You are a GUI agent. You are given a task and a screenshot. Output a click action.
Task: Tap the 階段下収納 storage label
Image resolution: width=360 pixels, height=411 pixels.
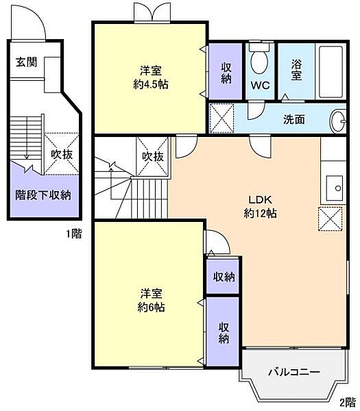pos(43,195)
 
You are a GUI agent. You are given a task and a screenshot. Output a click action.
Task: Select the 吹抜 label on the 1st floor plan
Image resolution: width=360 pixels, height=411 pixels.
pos(62,154)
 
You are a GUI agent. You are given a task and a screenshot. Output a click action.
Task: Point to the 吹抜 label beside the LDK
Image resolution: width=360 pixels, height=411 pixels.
pos(152,156)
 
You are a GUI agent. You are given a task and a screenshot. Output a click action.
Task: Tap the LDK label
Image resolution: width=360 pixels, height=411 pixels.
pos(261,200)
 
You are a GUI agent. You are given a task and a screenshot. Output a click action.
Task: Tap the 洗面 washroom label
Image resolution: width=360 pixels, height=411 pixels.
pos(294,119)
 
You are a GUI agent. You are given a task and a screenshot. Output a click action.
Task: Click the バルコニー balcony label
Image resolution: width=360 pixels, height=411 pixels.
pos(293,373)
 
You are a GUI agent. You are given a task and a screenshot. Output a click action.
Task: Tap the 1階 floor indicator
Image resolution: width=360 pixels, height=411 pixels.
pos(73,234)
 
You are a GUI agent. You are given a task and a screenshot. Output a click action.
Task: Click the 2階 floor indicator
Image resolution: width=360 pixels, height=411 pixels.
pos(348,401)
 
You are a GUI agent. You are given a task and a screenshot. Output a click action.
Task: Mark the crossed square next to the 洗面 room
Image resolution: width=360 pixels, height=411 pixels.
pos(222,116)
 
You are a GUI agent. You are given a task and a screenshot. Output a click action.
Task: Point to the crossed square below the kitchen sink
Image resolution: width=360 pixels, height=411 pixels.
pos(330,219)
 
